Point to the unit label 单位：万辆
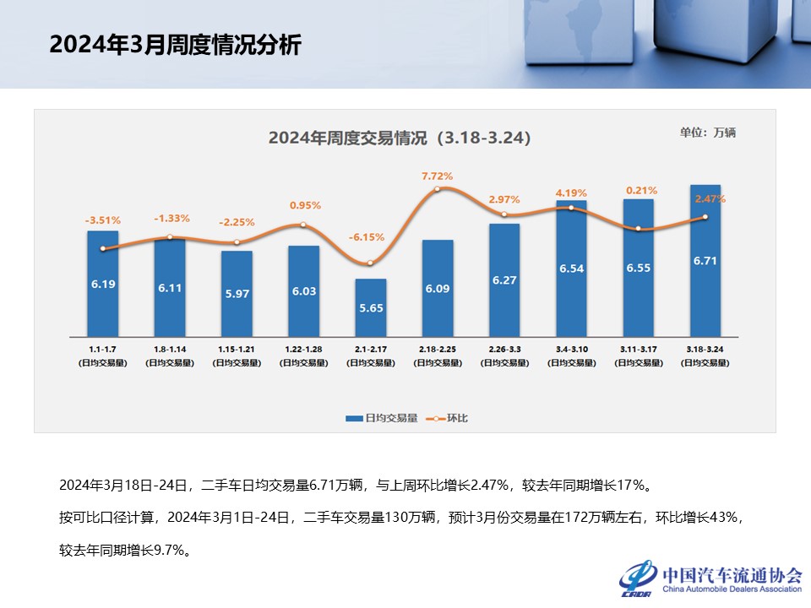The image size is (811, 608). point(708,133)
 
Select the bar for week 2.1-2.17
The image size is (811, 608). point(371,307)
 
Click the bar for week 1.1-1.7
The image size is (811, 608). point(103,284)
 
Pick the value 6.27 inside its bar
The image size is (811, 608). point(504,280)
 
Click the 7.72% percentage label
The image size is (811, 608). point(438,176)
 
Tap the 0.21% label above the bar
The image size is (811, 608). point(639,191)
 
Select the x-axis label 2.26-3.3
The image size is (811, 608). point(504,348)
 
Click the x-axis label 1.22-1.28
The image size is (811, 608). point(303,348)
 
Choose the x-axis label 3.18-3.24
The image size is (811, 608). point(705,348)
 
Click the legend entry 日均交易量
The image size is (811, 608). point(381,418)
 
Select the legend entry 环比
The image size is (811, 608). point(447,418)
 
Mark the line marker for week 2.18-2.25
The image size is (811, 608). point(438,189)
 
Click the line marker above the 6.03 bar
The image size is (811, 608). point(303,225)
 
